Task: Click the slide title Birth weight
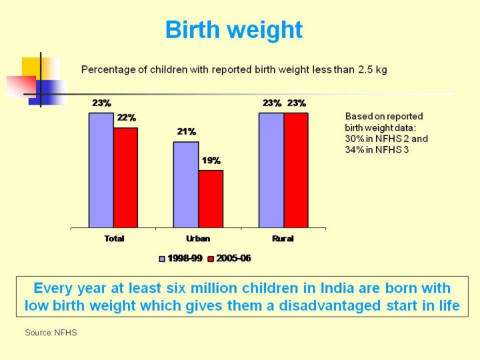(x=233, y=30)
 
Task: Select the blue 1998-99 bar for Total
(x=101, y=170)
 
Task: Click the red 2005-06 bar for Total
(x=125, y=177)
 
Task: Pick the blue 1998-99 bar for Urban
(x=186, y=185)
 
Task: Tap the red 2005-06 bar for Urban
(x=211, y=199)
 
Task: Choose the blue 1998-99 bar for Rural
(x=271, y=170)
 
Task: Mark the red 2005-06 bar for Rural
(x=296, y=170)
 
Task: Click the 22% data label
(x=127, y=117)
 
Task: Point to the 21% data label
(x=186, y=131)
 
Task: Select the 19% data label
(x=211, y=160)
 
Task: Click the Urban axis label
(x=197, y=239)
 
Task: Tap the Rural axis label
(x=283, y=239)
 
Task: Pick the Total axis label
(x=114, y=239)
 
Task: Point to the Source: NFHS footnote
(x=51, y=332)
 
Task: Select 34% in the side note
(x=355, y=149)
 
